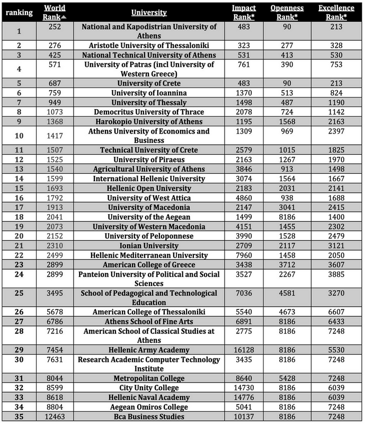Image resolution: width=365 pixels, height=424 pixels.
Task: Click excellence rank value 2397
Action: tap(333, 136)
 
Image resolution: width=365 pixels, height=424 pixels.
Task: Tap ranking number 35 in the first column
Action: tap(19, 417)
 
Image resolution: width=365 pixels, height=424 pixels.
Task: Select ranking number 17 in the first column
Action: tap(19, 207)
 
